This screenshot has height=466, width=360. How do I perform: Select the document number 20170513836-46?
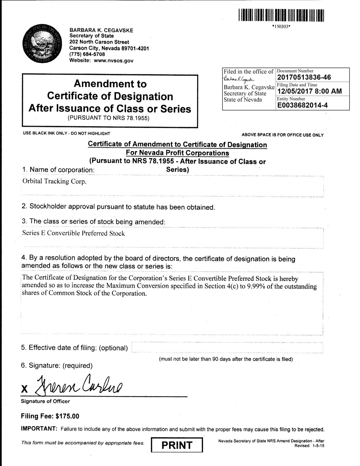point(304,77)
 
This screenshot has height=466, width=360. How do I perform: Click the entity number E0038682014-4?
point(303,105)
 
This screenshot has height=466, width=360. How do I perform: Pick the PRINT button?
point(177,445)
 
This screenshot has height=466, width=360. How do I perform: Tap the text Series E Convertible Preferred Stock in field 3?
point(73,233)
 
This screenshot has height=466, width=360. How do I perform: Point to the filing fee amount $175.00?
point(67,416)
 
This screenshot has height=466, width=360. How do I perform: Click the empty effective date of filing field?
point(227,348)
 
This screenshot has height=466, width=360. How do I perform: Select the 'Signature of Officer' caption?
point(45,401)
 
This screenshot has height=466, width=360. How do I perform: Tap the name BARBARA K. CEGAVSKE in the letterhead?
point(101,30)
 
